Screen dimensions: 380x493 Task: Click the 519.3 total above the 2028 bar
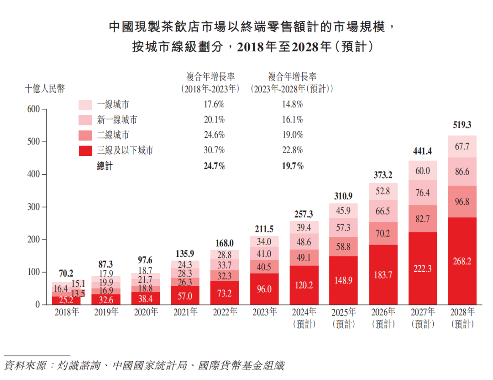tap(462, 125)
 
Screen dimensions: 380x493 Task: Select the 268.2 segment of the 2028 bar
tap(462, 261)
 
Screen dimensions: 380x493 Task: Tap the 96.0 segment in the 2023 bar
tap(264, 289)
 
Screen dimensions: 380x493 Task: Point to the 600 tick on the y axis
tap(34, 109)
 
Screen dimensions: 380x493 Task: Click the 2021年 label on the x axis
tap(185, 312)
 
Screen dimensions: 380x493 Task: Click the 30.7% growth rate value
tap(214, 150)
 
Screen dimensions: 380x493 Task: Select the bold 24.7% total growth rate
tap(214, 166)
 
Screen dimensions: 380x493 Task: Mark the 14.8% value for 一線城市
tap(292, 104)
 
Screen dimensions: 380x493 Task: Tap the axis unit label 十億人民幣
tap(45, 89)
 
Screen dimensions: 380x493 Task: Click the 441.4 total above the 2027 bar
tap(423, 151)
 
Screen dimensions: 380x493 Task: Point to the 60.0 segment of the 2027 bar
tap(423, 171)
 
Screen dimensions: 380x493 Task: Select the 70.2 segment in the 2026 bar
tap(383, 234)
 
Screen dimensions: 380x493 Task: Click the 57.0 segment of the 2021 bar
tap(185, 295)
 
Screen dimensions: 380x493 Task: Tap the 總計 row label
tap(105, 166)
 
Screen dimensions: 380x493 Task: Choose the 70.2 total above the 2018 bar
tap(66, 273)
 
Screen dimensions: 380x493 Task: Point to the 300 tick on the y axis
tap(34, 207)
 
